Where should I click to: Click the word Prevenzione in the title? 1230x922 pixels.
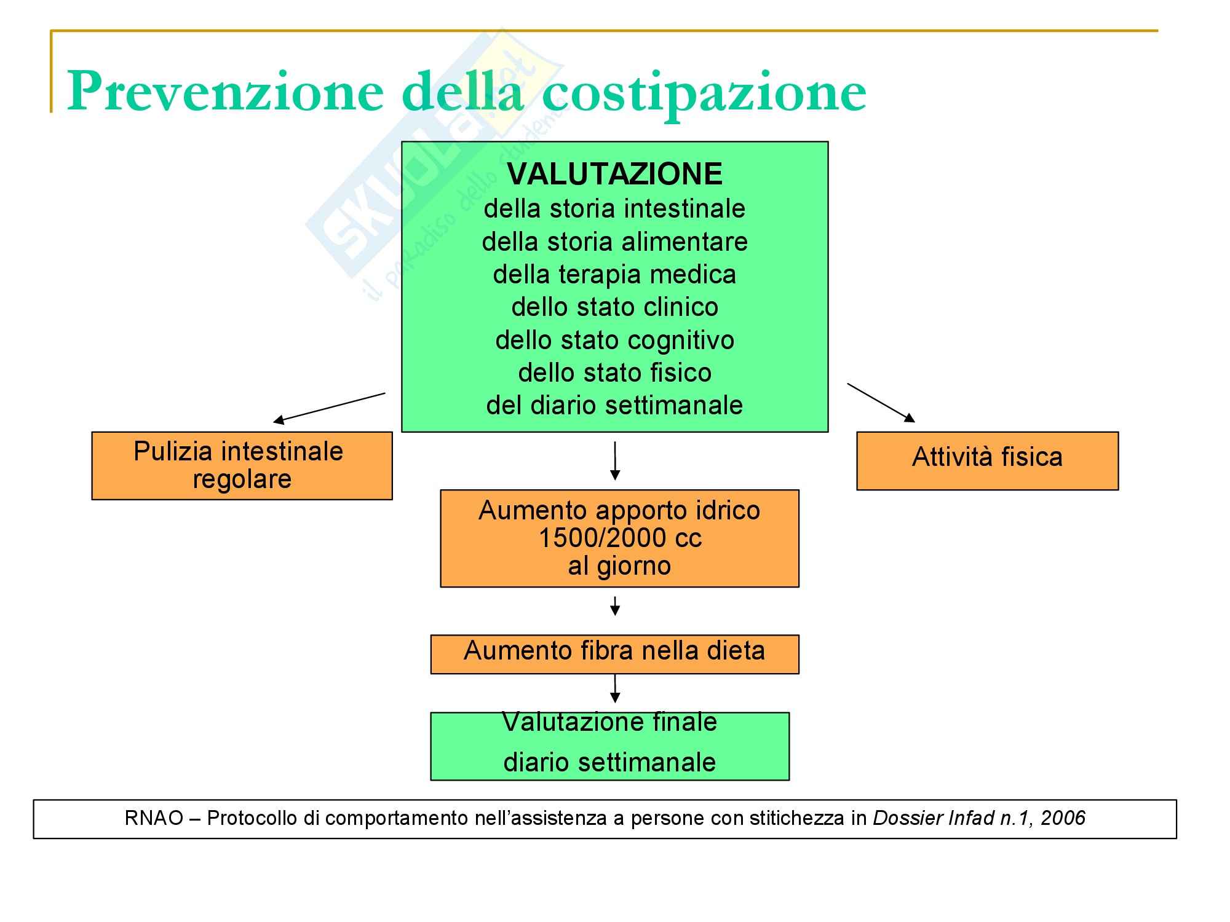tap(225, 91)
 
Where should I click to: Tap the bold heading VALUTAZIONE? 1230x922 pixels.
tap(614, 174)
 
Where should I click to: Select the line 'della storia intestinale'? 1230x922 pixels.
tap(614, 209)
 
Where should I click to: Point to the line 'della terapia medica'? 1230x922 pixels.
tap(614, 274)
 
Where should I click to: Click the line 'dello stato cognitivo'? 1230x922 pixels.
tap(614, 340)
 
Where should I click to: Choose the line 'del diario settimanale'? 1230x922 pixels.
tap(614, 405)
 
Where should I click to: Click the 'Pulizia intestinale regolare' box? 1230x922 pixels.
tap(242, 465)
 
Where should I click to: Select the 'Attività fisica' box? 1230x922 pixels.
tap(987, 460)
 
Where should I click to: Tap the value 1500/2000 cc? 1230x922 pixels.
tap(619, 538)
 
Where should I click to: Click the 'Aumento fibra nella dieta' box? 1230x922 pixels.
tap(614, 654)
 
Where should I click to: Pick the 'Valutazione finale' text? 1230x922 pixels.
tap(609, 722)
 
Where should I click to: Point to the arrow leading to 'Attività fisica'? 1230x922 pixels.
tap(881, 403)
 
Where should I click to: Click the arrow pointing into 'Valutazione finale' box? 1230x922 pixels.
tap(614, 688)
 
